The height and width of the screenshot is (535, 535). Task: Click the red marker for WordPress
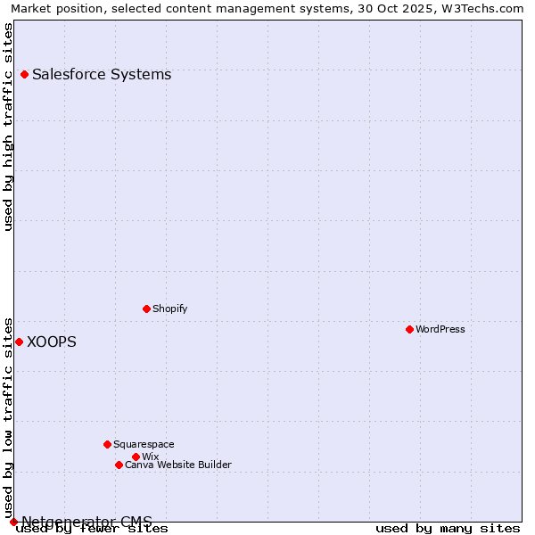[x=409, y=329]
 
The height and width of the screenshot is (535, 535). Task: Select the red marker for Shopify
[x=146, y=309]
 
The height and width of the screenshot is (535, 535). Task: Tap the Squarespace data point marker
[x=107, y=444]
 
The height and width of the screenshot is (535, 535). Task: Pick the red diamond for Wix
[x=136, y=457]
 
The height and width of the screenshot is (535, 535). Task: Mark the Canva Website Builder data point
[x=119, y=465]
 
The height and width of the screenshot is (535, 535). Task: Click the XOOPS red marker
[x=19, y=342]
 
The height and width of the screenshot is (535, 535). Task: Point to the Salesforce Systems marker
[x=24, y=74]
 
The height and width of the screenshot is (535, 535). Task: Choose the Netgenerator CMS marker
[x=13, y=522]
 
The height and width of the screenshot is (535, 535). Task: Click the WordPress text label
[x=440, y=329]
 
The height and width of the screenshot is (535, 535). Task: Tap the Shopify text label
[x=169, y=309]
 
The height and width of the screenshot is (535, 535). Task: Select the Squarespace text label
[x=144, y=444]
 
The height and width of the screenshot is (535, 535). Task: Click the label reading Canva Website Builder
[x=178, y=465]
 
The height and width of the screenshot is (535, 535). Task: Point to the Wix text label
[x=150, y=457]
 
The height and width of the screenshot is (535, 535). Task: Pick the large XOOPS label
[x=52, y=342]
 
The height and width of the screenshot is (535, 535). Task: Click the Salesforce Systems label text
[x=102, y=74]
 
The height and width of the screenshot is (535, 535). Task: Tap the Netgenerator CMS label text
[x=86, y=521]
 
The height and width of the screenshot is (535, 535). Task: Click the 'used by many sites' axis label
[x=448, y=528]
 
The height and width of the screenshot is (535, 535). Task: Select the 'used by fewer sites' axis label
[x=92, y=529]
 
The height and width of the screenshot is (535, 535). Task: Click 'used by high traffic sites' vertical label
[x=9, y=127]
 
